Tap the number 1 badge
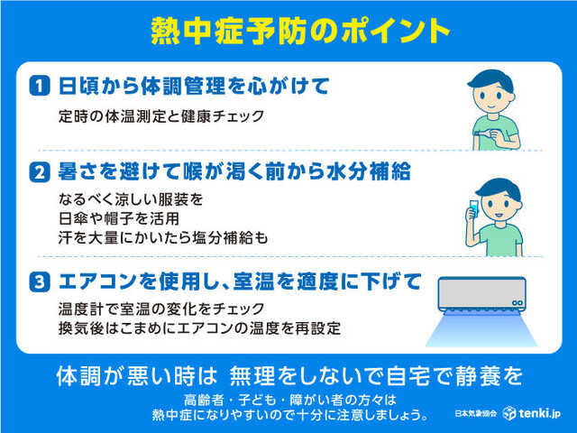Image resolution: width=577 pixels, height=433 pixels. point(38,86)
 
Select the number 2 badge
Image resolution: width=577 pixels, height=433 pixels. point(38,171)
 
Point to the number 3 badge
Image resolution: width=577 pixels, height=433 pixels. point(38,281)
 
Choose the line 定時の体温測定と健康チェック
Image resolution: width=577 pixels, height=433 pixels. point(169,115)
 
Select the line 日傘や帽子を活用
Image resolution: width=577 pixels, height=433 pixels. point(112,218)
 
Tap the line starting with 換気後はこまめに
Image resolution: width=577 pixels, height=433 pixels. point(198,327)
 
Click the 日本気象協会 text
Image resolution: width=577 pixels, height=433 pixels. point(476,413)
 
